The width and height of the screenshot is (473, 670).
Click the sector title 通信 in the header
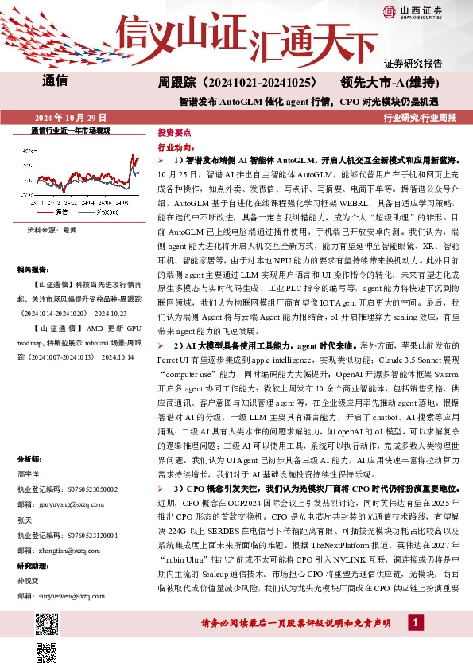coord(55,82)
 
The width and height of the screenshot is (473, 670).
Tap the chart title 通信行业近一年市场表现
coord(71,130)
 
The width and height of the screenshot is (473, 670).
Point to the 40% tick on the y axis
coord(51,150)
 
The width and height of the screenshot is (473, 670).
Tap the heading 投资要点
coord(173,131)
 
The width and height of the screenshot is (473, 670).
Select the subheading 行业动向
coord(176,147)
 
